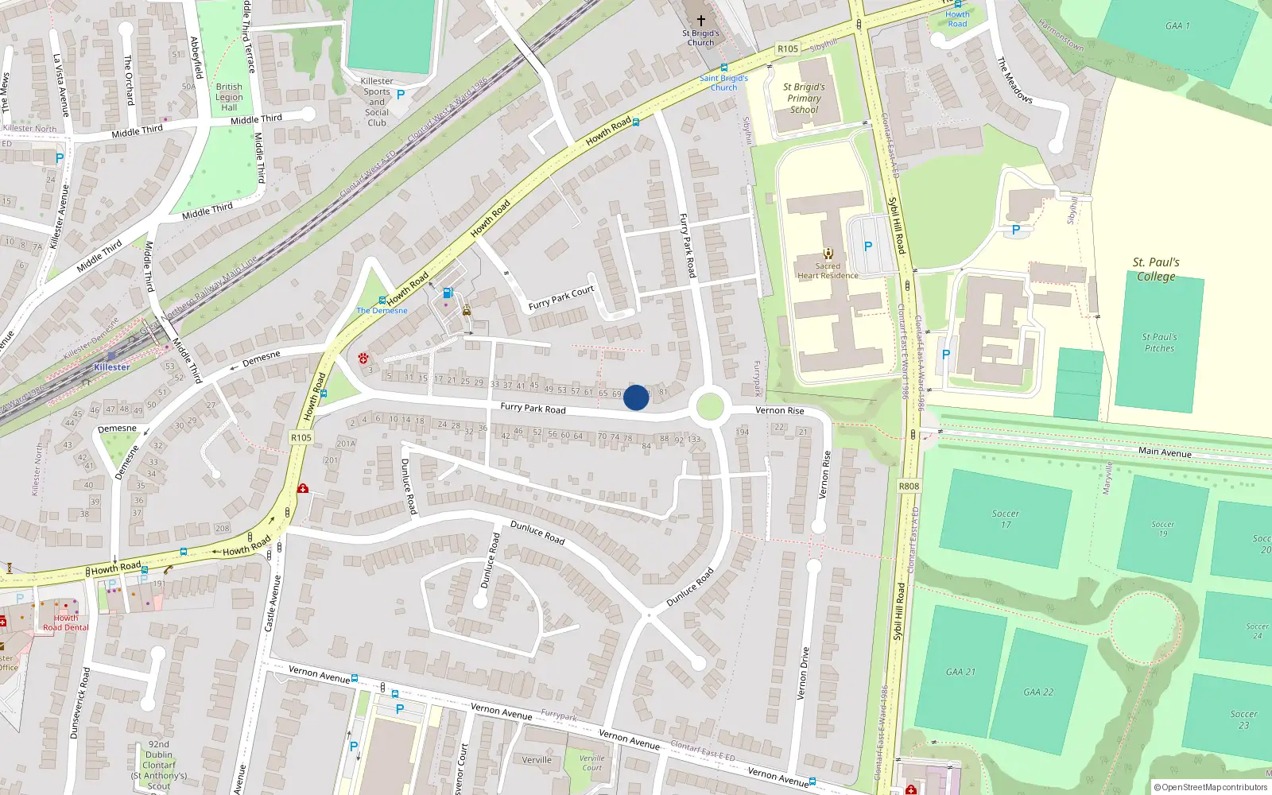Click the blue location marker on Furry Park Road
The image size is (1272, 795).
[x=635, y=397]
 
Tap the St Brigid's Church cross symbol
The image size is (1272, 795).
[x=700, y=20]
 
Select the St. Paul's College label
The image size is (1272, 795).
[x=1156, y=270]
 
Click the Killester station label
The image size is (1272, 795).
[x=111, y=367]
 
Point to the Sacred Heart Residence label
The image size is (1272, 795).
[x=828, y=271]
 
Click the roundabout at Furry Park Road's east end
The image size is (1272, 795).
[x=709, y=408]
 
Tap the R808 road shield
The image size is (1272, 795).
[x=909, y=486]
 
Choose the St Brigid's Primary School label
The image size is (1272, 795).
[x=804, y=99]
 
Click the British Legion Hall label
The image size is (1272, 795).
[x=229, y=97]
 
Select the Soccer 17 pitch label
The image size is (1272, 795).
[x=1006, y=519]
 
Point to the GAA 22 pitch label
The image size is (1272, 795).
[x=1038, y=692]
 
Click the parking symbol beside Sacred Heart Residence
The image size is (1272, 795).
[x=868, y=246]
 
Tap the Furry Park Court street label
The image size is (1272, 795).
[x=561, y=297]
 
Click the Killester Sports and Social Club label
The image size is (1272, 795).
[x=377, y=102]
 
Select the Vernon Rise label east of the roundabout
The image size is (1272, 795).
[x=779, y=411]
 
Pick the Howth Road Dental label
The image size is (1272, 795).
[x=66, y=622]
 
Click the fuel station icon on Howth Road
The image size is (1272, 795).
[x=448, y=293]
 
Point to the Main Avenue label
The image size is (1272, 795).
[x=1165, y=452]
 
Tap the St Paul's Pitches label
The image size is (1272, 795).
[x=1159, y=343]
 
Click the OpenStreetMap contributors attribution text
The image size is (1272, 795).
[x=1211, y=787]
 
